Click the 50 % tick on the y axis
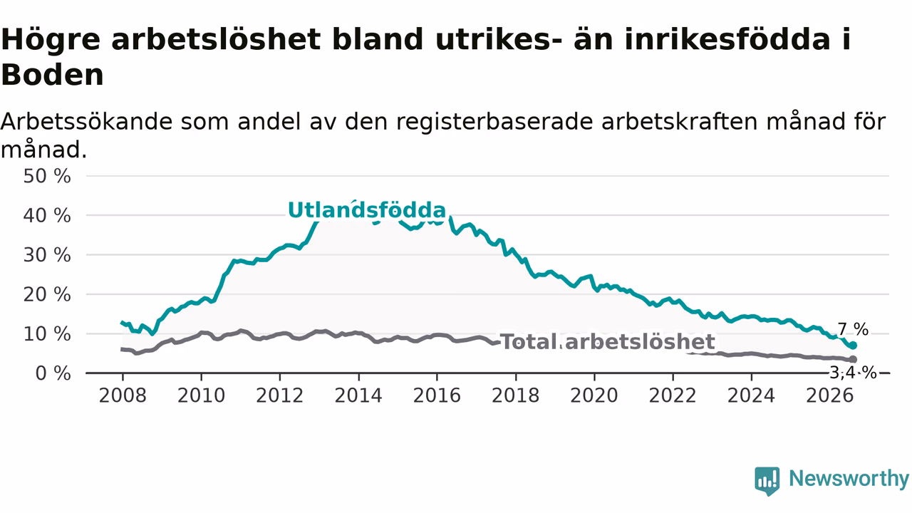point(47,176)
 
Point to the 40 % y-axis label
point(47,215)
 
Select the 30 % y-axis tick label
point(47,255)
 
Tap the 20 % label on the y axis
point(47,294)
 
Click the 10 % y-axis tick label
point(47,334)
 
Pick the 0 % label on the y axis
point(53,373)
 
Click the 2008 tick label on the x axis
point(123,395)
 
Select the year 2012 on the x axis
point(280,395)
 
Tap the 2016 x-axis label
point(437,395)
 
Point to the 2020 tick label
point(594,395)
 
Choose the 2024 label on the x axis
point(751,395)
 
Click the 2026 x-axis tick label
point(830,395)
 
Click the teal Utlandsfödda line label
point(367,210)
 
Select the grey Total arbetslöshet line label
point(608,341)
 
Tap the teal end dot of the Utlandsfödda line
point(853,346)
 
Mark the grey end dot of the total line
point(853,359)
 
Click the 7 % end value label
point(853,329)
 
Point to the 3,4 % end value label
point(854,373)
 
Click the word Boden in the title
point(53,75)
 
